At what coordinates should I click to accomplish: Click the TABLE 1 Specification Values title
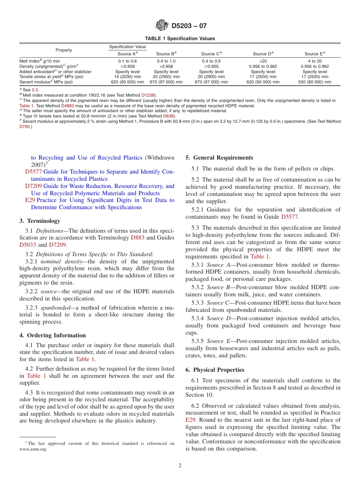point(180,39)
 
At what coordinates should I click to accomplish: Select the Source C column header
point(211,54)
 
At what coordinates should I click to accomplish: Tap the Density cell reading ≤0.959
point(127,66)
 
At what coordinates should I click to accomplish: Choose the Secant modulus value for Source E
point(315,82)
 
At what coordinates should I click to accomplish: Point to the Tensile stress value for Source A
point(127,77)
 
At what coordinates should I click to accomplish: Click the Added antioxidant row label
point(55,72)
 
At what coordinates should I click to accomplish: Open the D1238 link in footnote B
point(148,95)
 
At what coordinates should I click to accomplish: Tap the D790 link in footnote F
point(25,127)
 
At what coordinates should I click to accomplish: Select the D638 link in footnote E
point(168,116)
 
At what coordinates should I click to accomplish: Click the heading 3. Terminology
point(40,221)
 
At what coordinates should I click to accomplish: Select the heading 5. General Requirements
point(219,158)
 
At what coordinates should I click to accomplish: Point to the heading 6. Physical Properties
point(215,370)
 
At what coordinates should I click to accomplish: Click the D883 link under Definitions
point(138,238)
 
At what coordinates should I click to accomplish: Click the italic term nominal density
point(58,262)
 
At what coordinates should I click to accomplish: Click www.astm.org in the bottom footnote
point(33,449)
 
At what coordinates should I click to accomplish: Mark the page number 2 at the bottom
point(180,466)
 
